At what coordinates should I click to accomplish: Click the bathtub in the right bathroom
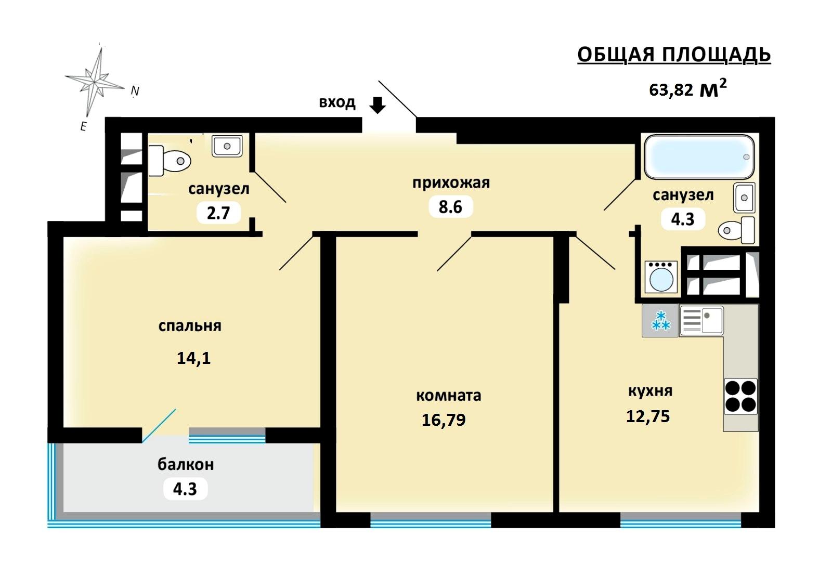click(x=699, y=157)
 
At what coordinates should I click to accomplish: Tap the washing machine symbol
click(x=661, y=277)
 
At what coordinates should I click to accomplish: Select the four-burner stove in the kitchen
click(x=740, y=396)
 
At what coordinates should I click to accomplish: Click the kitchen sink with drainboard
click(x=701, y=321)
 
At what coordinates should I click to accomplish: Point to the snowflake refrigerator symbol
click(x=660, y=321)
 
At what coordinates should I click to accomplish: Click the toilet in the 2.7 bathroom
click(x=170, y=161)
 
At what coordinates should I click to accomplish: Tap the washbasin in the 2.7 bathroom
click(x=227, y=146)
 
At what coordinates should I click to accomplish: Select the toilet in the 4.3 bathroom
click(x=736, y=230)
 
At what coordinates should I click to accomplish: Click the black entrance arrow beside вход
click(x=378, y=105)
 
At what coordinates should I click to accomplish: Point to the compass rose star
click(x=95, y=81)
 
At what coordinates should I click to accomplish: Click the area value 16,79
click(x=444, y=420)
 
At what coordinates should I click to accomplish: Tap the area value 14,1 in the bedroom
click(x=193, y=358)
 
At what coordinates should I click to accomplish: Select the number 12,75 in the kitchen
click(x=648, y=416)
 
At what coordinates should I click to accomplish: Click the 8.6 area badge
click(x=450, y=207)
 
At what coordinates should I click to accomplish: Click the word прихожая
click(x=451, y=183)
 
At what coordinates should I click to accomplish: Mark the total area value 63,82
click(x=671, y=90)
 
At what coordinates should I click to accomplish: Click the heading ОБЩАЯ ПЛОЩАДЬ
click(x=674, y=55)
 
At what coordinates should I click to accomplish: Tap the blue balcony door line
click(x=159, y=426)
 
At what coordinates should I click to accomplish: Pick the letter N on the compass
click(x=135, y=91)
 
